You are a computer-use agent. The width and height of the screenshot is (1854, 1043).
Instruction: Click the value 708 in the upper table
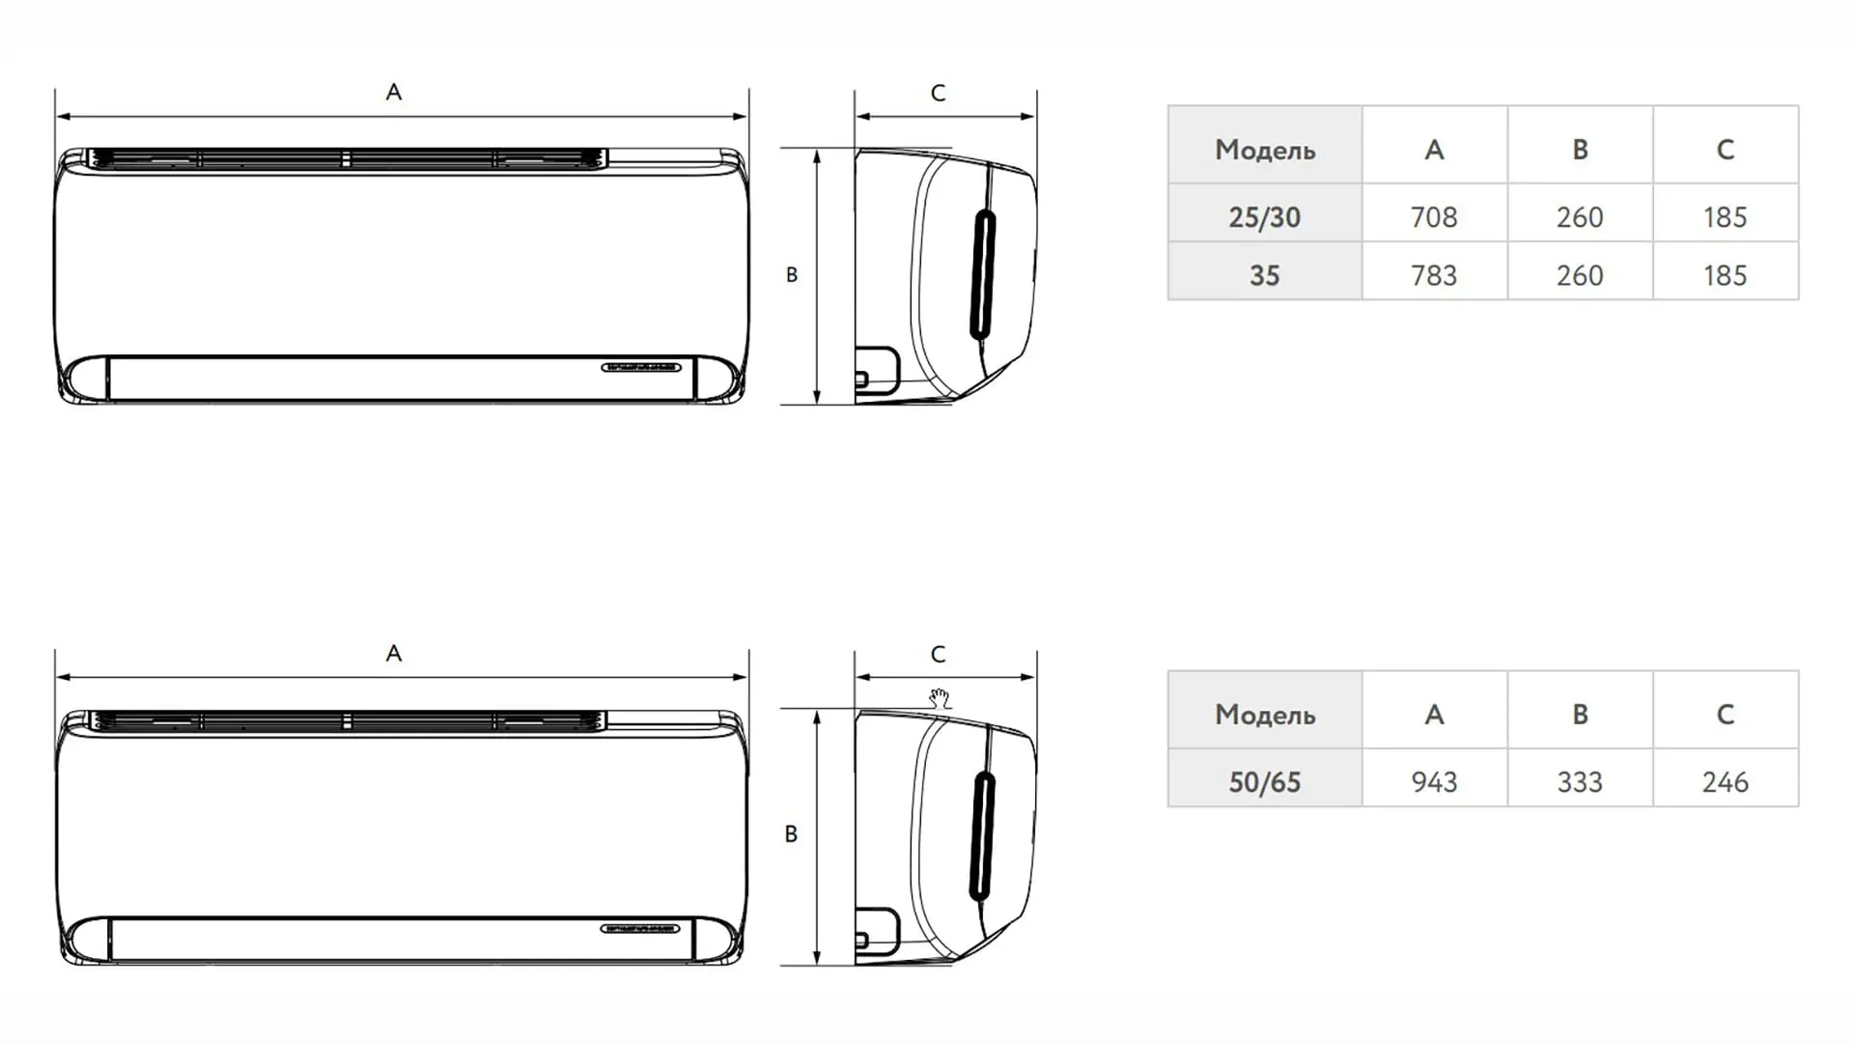[x=1434, y=217]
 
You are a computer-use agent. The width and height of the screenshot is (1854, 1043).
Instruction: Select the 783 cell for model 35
[x=1434, y=275]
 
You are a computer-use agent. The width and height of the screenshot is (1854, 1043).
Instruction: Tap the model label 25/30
[x=1264, y=217]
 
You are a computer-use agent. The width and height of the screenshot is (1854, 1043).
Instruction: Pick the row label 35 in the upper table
[x=1264, y=275]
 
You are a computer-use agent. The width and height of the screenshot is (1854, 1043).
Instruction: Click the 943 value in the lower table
[x=1434, y=781]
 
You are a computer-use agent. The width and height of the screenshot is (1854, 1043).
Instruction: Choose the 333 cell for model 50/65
[x=1580, y=781]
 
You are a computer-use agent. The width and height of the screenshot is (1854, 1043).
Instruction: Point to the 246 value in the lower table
[x=1726, y=781]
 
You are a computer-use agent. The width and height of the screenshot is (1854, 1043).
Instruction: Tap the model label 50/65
[x=1264, y=781]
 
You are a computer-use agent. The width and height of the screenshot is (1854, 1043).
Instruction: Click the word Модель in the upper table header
[x=1265, y=150]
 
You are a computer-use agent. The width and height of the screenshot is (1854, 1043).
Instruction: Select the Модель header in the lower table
[x=1265, y=715]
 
